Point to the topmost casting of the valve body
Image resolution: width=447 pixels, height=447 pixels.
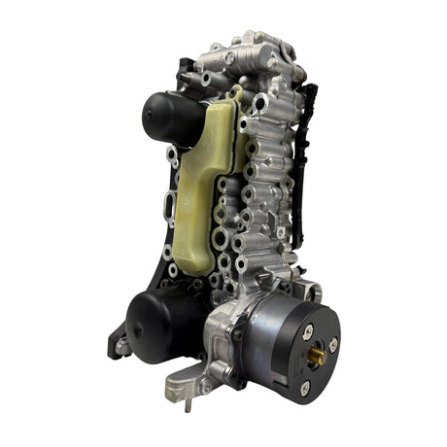point(248,44)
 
